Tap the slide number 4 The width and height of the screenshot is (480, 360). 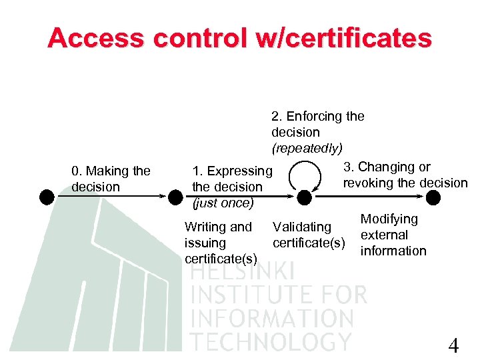(x=453, y=346)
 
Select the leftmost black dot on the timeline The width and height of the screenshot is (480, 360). (x=46, y=197)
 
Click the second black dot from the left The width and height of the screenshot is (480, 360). (x=175, y=197)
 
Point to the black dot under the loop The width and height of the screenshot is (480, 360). (x=304, y=197)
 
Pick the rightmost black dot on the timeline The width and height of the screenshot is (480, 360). (x=433, y=197)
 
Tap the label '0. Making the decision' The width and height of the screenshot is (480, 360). (x=111, y=179)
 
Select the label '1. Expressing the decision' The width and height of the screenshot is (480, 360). (x=232, y=179)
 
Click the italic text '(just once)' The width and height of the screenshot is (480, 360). (x=223, y=203)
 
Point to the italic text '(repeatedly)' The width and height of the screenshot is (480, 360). (x=307, y=147)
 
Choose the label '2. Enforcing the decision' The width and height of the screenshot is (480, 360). (x=317, y=124)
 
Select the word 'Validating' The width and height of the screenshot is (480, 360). (x=302, y=227)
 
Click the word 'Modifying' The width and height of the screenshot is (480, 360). (x=389, y=219)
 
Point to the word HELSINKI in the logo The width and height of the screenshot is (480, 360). (x=242, y=271)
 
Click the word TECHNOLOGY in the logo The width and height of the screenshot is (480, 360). (x=270, y=341)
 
